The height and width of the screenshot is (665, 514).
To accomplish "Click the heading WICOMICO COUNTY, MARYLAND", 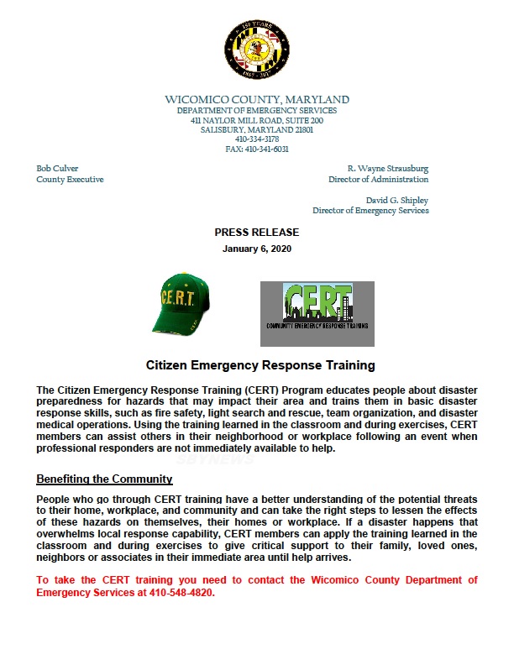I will click(257, 100).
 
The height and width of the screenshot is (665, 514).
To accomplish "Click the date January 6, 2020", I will click(257, 249).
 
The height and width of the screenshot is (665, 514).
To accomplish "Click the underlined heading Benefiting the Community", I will click(104, 479).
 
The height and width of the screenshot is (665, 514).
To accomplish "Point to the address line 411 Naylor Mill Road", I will click(257, 121).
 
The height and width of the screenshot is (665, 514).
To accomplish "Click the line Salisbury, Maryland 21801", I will click(257, 130).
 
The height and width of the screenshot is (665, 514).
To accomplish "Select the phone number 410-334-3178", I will click(257, 139).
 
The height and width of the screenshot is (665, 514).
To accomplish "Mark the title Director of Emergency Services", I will click(370, 211).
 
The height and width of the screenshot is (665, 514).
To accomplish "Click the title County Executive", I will click(70, 180).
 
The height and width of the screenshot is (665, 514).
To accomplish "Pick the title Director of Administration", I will click(378, 180).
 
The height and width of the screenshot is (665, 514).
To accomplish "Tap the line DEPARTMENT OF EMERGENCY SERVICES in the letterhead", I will click(257, 111).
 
